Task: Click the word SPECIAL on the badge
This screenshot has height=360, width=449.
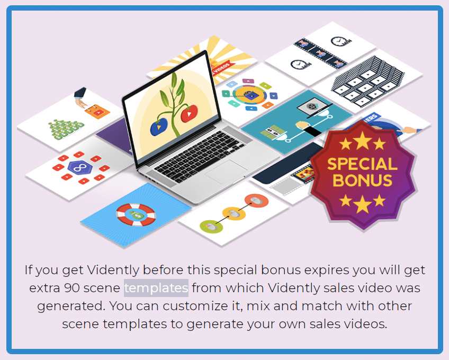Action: tap(362, 164)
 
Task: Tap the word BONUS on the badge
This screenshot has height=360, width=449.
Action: tap(362, 181)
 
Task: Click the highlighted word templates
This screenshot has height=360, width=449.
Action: tap(156, 288)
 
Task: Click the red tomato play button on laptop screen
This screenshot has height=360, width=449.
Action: tap(189, 114)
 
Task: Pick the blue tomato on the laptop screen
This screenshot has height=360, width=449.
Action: tap(159, 127)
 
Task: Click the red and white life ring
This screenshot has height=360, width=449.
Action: tap(136, 214)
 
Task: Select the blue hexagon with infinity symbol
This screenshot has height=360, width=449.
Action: tap(80, 167)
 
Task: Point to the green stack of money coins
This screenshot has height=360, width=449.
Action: tap(66, 130)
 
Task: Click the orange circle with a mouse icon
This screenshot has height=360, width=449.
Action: tap(256, 201)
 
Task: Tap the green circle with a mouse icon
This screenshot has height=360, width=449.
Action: tap(211, 227)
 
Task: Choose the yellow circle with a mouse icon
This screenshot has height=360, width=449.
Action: tap(234, 214)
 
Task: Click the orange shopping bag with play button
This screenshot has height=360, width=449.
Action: tap(97, 111)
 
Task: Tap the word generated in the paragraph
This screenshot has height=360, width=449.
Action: tap(69, 307)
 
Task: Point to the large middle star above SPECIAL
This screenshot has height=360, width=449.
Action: tap(362, 141)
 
